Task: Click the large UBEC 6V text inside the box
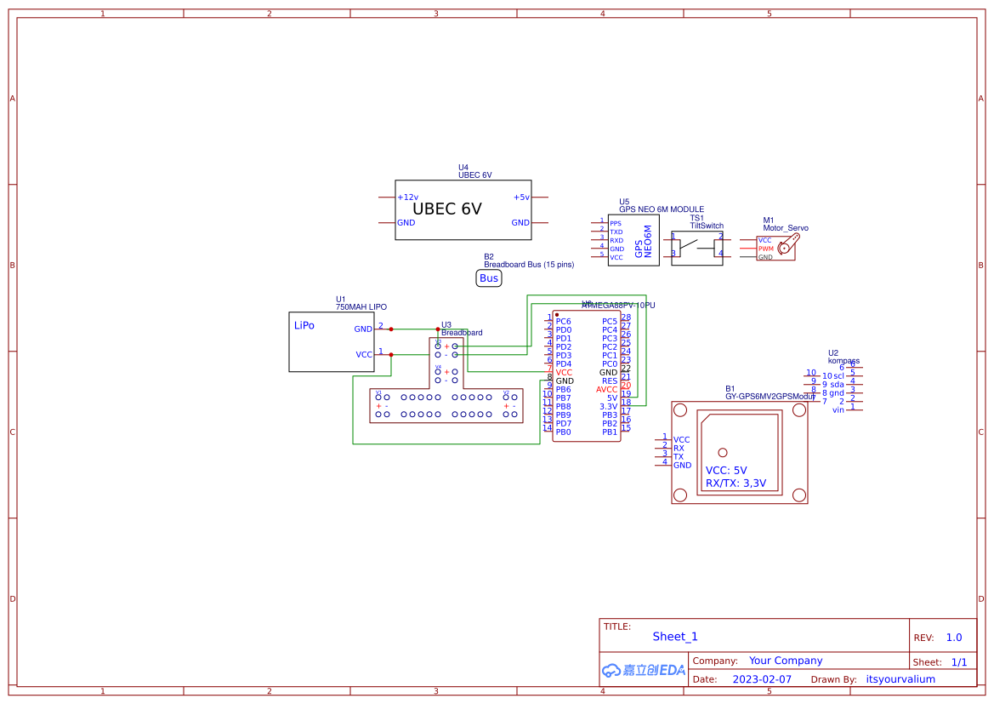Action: (447, 209)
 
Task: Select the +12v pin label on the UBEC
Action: (408, 197)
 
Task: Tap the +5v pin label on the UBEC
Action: (521, 197)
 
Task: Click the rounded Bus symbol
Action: (489, 278)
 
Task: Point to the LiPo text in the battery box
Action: (304, 325)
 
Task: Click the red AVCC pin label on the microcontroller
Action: (606, 390)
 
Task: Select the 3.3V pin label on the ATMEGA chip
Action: (608, 407)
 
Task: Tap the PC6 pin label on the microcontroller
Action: (563, 322)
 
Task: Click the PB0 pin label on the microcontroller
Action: (563, 432)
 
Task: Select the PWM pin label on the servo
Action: (765, 249)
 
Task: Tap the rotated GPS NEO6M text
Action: (644, 241)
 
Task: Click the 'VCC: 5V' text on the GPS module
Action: (726, 470)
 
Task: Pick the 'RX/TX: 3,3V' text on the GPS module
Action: (736, 484)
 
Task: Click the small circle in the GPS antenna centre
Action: (723, 452)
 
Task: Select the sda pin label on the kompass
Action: (837, 385)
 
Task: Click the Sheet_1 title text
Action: (675, 637)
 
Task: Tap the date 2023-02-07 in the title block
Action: (762, 679)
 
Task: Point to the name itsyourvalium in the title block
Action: (900, 679)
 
